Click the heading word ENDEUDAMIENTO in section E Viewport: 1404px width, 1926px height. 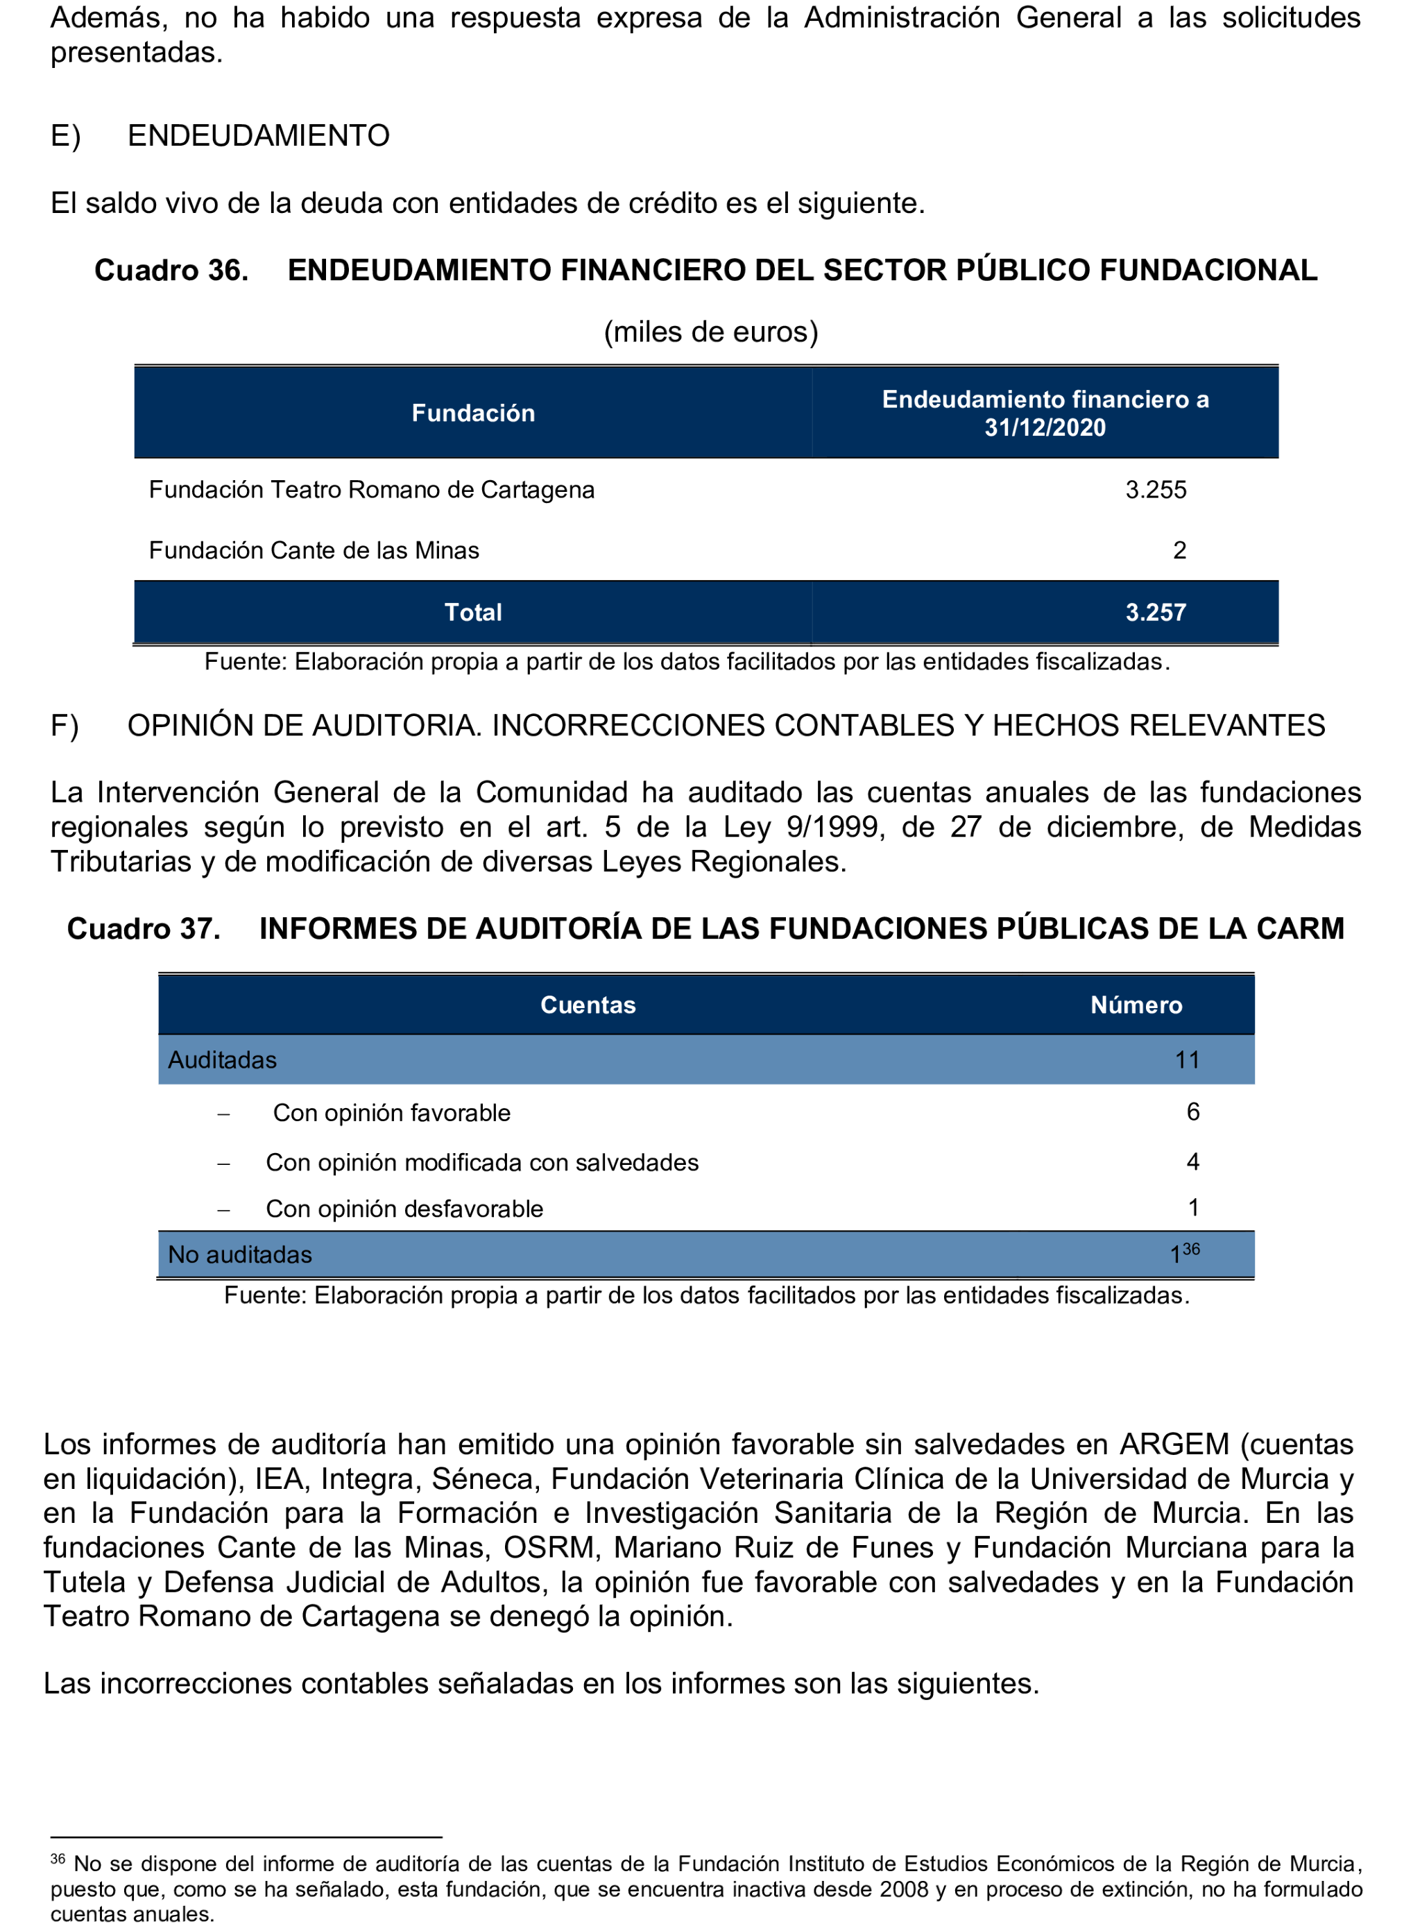[258, 136]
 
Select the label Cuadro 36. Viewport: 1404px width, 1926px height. [171, 271]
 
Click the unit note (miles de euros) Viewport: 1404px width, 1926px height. [710, 332]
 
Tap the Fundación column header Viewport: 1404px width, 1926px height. [473, 413]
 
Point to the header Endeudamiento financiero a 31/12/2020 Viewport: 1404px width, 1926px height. [1045, 413]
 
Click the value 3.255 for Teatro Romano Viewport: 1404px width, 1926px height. [1155, 490]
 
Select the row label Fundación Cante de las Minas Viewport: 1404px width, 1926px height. [314, 551]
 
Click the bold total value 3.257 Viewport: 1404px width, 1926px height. [1155, 612]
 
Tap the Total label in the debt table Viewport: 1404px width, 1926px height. [473, 612]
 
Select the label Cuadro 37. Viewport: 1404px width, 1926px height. [144, 928]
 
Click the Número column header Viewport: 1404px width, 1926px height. [1136, 1005]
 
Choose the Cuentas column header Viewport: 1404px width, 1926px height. [588, 1005]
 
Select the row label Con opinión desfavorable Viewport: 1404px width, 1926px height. [404, 1209]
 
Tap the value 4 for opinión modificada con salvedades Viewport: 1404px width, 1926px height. [1192, 1162]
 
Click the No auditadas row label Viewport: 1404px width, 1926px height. [240, 1254]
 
